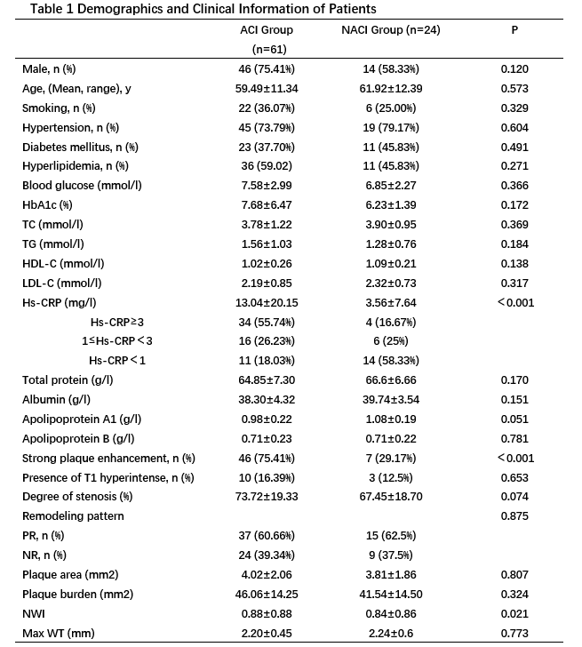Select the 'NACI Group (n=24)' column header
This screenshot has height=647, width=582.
click(x=392, y=30)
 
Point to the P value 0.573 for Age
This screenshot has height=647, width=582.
click(x=517, y=88)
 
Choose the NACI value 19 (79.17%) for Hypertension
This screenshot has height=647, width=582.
click(x=392, y=127)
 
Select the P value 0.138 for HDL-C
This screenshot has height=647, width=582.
click(x=517, y=264)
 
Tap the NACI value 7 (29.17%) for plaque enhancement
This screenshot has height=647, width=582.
click(x=392, y=458)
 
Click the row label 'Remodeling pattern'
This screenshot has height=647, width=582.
click(x=73, y=515)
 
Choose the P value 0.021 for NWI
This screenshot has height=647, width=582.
click(x=517, y=614)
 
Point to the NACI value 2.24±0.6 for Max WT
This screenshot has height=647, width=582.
click(x=392, y=634)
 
